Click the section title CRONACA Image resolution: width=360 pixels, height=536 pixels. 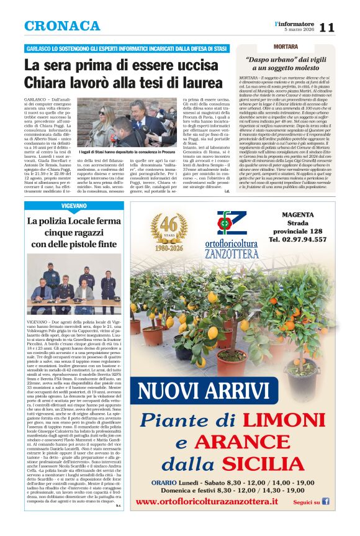pyautogui.click(x=62, y=26)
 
